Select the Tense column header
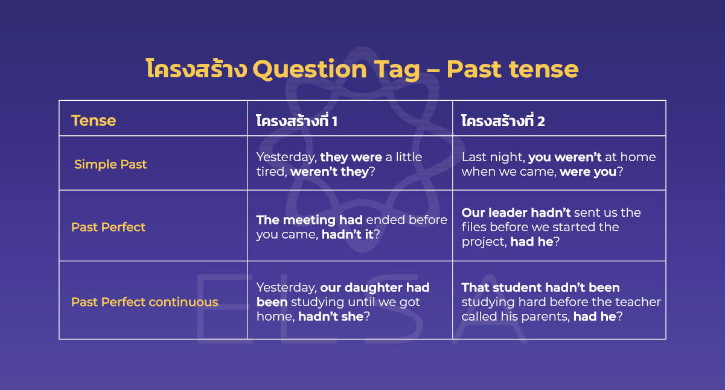pos(93,121)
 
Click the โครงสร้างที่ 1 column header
pos(296,121)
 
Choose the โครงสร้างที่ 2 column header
pos(503,121)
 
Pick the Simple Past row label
pos(110,164)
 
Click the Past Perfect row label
pos(108,227)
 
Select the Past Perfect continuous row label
pos(145,302)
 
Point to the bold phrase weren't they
pos(329,171)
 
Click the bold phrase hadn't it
pos(347,235)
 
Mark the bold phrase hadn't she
pos(331,316)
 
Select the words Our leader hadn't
pos(516,213)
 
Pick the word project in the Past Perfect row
pos(483,241)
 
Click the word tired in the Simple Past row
pos(271,171)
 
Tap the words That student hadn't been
pos(540,287)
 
